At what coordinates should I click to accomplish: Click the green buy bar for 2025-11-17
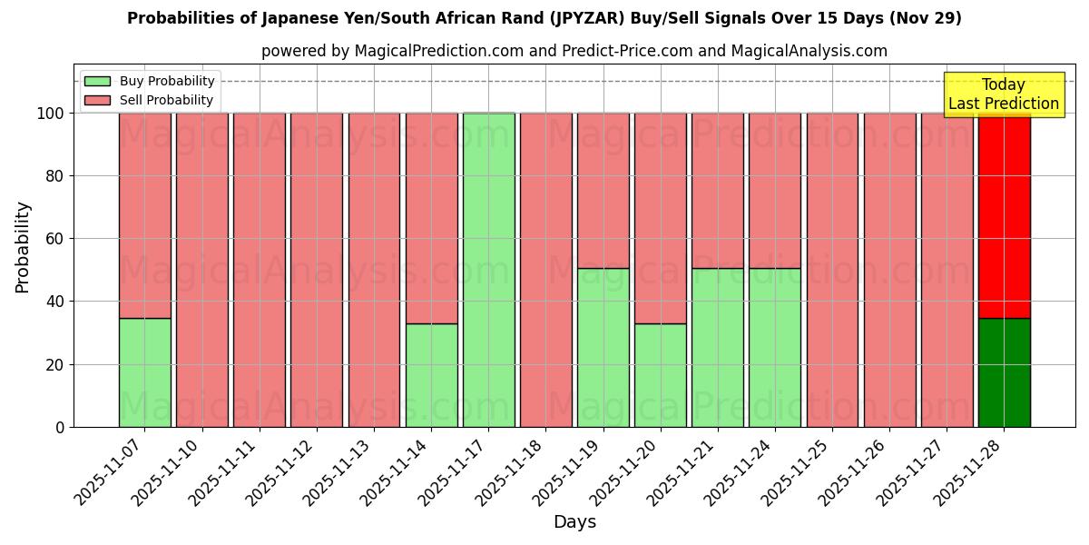488,270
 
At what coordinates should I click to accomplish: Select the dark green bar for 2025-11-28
1004,372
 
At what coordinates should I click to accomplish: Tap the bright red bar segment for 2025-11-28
1004,215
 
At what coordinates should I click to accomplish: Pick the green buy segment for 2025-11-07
144,372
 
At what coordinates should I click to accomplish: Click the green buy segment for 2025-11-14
431,375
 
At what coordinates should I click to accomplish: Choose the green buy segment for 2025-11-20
661,375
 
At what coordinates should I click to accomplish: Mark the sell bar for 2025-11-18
545,270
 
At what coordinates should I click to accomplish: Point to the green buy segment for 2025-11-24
775,347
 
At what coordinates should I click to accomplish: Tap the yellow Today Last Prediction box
1003,94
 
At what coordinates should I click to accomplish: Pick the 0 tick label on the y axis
60,427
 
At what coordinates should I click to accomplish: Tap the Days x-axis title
574,522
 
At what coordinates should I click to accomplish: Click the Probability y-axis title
23,247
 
